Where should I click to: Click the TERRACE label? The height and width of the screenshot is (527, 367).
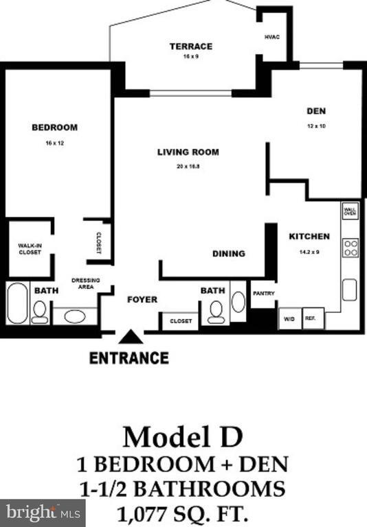pyautogui.click(x=191, y=47)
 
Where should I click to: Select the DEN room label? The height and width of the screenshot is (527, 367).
pyautogui.click(x=315, y=111)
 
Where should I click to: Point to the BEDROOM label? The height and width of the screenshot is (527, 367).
pyautogui.click(x=54, y=127)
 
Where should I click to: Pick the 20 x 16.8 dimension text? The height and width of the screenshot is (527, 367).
pyautogui.click(x=188, y=166)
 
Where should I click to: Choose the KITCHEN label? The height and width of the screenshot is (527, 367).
pyautogui.click(x=309, y=236)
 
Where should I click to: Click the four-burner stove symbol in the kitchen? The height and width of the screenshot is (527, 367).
pyautogui.click(x=351, y=247)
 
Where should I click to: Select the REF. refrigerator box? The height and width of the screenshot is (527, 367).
pyautogui.click(x=313, y=319)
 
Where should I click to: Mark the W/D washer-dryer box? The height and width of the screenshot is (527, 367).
pyautogui.click(x=289, y=319)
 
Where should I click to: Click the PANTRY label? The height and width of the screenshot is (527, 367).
pyautogui.click(x=263, y=294)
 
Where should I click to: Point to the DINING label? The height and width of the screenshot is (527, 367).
pyautogui.click(x=228, y=254)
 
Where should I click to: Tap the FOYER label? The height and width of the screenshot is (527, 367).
pyautogui.click(x=142, y=299)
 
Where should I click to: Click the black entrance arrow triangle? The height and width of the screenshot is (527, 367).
pyautogui.click(x=129, y=336)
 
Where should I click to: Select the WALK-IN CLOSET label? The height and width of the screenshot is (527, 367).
pyautogui.click(x=30, y=248)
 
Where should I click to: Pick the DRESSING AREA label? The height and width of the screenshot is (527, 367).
pyautogui.click(x=86, y=283)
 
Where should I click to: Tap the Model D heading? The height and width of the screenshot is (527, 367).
pyautogui.click(x=183, y=437)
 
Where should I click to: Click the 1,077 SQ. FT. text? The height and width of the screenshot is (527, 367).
pyautogui.click(x=183, y=512)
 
